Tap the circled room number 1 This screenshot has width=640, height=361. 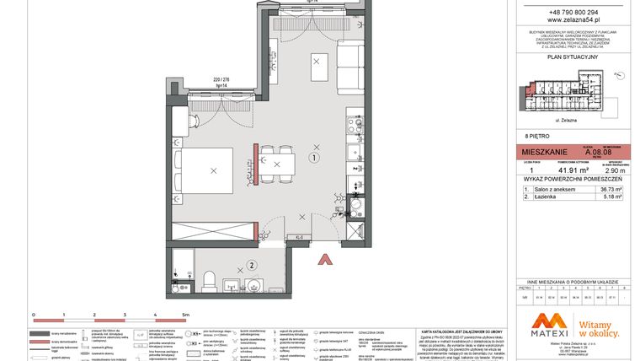click(x=313, y=157)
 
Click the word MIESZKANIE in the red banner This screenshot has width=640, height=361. click(x=544, y=153)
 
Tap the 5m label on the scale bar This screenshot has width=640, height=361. click(x=185, y=313)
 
